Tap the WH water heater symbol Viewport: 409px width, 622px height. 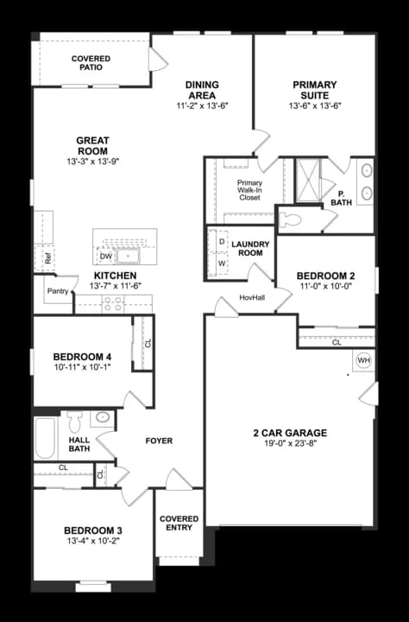coord(363,359)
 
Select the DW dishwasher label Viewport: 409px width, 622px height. coord(106,257)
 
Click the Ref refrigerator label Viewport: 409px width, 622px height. coord(48,257)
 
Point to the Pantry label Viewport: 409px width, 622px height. coord(58,291)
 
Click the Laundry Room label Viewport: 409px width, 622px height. coord(251,249)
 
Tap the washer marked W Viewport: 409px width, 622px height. coord(222,263)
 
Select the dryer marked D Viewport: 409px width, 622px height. coord(222,242)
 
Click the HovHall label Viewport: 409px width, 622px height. coord(252,297)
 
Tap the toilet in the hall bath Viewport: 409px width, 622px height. coord(75,422)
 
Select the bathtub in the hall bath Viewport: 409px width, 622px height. coord(45,439)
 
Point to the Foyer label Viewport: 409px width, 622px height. coord(159,441)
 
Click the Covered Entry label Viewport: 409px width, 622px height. coord(179,524)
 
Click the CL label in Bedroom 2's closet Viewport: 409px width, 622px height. coord(337,343)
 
